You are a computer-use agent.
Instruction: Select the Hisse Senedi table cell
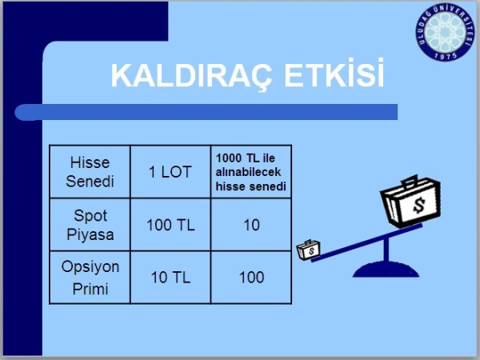90,171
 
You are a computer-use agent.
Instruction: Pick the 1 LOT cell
170,171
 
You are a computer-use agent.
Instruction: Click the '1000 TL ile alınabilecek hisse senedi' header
250,171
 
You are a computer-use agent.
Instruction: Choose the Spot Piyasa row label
90,224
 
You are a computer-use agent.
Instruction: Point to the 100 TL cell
170,224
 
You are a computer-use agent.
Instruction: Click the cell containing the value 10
250,224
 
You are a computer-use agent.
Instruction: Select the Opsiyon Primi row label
90,277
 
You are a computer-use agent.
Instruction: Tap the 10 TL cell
170,278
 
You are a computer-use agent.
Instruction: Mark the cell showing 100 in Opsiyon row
250,278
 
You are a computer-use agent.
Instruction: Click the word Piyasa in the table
90,234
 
